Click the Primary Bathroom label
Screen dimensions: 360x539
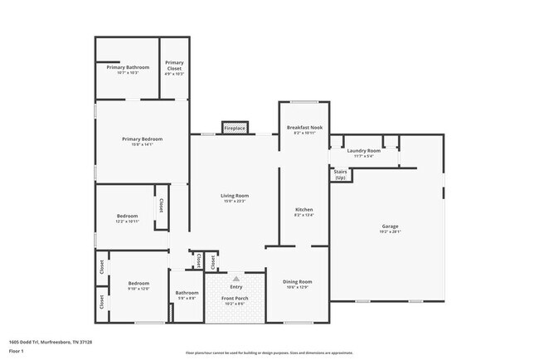pos(128,67)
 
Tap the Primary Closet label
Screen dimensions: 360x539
pos(174,65)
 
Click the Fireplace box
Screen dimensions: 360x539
pos(235,129)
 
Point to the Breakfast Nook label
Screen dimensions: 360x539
pos(304,128)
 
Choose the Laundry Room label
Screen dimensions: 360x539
pos(363,150)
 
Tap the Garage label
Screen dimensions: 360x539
pos(390,226)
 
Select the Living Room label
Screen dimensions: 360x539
pos(235,196)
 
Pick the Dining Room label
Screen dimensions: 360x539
pos(297,282)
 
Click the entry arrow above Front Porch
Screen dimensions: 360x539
pos(236,279)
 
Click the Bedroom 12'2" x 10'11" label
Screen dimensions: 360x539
pos(127,218)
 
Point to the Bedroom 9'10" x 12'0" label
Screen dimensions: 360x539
pos(138,285)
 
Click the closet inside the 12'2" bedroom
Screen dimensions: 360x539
pos(161,205)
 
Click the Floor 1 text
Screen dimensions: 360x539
pos(17,352)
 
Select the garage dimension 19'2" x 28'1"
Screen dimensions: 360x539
pos(390,232)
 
